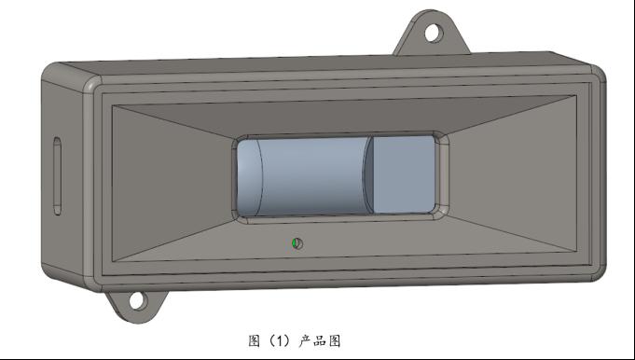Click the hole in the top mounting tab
(x=434, y=33)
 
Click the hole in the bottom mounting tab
(x=138, y=301)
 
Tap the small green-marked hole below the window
(x=297, y=243)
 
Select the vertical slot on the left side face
(x=58, y=175)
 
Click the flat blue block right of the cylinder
(x=404, y=174)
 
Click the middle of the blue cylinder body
(x=314, y=176)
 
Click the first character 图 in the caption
(x=254, y=341)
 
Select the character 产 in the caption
(x=305, y=341)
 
